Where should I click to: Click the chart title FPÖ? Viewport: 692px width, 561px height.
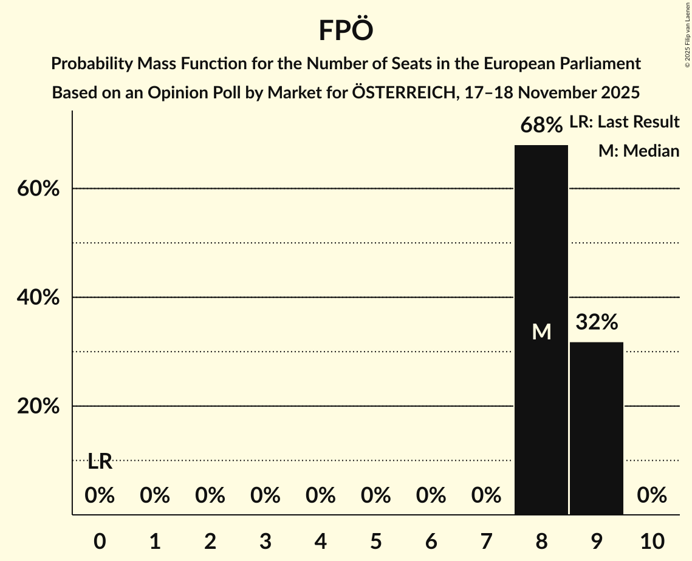coord(346,30)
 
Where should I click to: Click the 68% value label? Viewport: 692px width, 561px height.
coord(541,126)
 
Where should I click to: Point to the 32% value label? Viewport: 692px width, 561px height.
coord(597,322)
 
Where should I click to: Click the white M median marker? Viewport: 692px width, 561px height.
coord(541,331)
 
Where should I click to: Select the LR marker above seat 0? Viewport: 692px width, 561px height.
coord(100,462)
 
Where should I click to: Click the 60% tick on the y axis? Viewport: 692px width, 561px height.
coord(38,189)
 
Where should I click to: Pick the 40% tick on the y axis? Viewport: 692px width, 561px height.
coord(38,297)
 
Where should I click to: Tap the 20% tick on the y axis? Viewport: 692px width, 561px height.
coord(38,406)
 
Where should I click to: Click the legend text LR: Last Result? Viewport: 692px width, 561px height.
coord(624,122)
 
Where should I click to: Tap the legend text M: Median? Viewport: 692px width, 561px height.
coord(639,151)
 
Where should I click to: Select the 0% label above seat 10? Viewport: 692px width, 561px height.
coord(652,496)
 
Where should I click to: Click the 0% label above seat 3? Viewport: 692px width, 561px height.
coord(265,496)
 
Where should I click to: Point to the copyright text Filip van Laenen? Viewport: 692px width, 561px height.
coord(687,24)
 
